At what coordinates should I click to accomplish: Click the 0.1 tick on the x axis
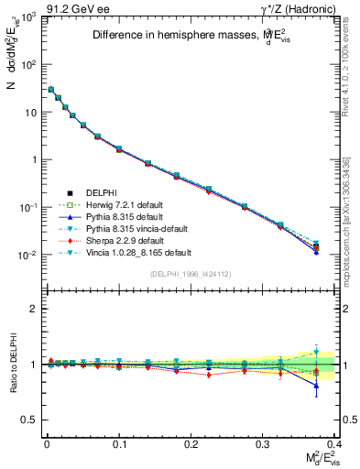[x=119, y=442]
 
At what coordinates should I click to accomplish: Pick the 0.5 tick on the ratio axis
[x=29, y=420]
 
